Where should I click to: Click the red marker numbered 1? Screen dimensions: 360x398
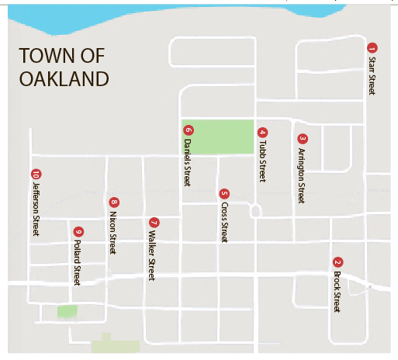(x=372, y=47)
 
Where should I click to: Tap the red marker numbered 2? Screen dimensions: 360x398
(x=337, y=261)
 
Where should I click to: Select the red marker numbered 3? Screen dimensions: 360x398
(x=303, y=140)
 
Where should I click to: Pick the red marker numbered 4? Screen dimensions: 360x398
(x=262, y=133)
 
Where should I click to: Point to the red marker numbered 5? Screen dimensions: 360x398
(x=224, y=194)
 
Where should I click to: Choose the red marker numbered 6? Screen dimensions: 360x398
(x=188, y=130)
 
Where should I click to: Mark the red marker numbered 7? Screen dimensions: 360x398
(x=153, y=222)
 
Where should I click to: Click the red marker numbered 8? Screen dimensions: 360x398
(x=113, y=202)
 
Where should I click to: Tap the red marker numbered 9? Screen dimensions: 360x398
(x=78, y=231)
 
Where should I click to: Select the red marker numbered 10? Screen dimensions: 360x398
(x=35, y=173)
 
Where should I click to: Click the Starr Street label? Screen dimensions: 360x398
(x=372, y=75)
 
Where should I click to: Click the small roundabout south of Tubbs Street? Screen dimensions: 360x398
(x=255, y=211)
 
